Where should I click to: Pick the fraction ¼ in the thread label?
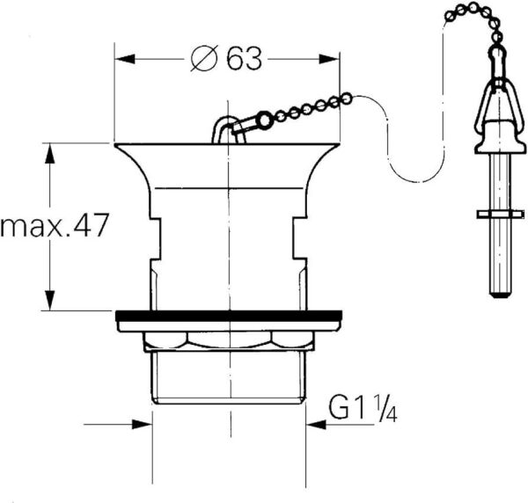[x=386, y=410]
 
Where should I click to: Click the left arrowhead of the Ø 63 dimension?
[x=124, y=59]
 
